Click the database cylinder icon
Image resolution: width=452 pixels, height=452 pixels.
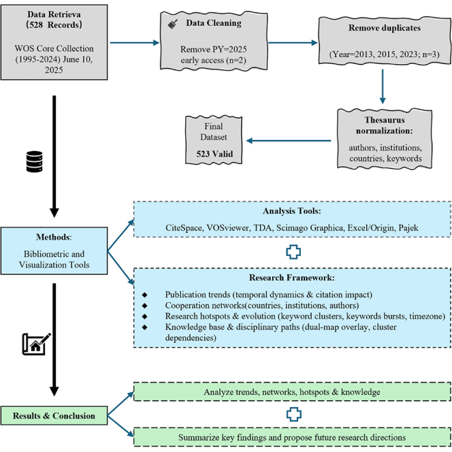tap(34, 161)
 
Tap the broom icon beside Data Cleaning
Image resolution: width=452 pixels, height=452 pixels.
tap(173, 25)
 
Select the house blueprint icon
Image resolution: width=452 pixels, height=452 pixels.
tap(37, 344)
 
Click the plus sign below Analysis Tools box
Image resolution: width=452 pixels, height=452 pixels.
tap(293, 252)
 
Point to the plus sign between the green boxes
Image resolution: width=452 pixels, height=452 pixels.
tap(294, 415)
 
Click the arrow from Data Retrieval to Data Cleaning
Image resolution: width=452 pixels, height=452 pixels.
tap(135, 43)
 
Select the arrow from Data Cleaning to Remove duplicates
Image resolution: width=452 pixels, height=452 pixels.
tap(293, 43)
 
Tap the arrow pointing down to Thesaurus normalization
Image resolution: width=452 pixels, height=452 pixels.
tap(383, 86)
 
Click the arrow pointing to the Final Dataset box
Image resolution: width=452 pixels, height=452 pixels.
tap(289, 141)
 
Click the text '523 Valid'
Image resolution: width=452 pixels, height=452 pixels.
tap(214, 154)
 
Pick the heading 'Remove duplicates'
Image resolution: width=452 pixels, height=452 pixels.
tap(385, 28)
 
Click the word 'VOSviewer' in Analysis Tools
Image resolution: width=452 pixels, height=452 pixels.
tap(228, 228)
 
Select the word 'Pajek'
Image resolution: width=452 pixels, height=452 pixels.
tap(408, 228)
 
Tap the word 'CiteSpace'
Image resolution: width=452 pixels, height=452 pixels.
tap(184, 228)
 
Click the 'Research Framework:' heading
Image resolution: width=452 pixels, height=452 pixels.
tap(292, 278)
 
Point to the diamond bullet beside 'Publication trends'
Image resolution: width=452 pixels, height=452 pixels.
tap(145, 295)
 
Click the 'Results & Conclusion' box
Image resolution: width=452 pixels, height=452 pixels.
tap(54, 415)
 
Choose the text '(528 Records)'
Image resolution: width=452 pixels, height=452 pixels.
tap(54, 25)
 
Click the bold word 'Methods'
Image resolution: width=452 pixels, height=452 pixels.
tap(53, 237)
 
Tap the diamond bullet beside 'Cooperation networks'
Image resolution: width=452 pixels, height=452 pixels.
tap(145, 305)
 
